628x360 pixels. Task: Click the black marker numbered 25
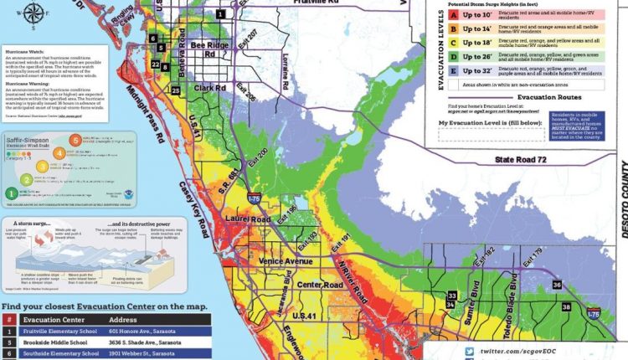coord(175,90)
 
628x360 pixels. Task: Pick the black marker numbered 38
coord(566,307)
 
